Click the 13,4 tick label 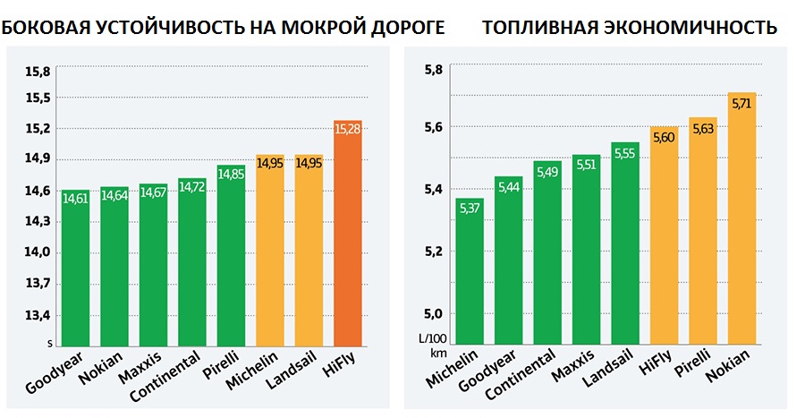pyautogui.click(x=41, y=315)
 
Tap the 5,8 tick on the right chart pyautogui.click(x=433, y=68)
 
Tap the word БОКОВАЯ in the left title pyautogui.click(x=47, y=27)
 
